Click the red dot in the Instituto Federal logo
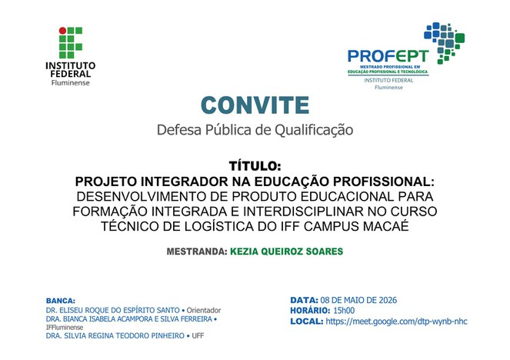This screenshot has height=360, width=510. pyautogui.click(x=62, y=31)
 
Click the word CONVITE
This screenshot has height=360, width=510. pyautogui.click(x=255, y=105)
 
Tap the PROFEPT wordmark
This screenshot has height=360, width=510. pyautogui.click(x=388, y=56)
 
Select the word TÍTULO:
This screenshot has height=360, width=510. pyautogui.click(x=255, y=166)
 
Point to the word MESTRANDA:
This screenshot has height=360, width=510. pyautogui.click(x=197, y=252)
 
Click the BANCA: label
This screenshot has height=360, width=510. pyautogui.click(x=61, y=301)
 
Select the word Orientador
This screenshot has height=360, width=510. pyautogui.click(x=204, y=310)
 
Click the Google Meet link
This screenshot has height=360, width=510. pyautogui.click(x=396, y=322)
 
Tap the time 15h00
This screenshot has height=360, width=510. pyautogui.click(x=344, y=311)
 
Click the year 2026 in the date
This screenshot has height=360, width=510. pyautogui.click(x=387, y=300)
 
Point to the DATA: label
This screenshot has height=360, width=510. pyautogui.click(x=304, y=300)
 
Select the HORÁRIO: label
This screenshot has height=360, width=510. pyautogui.click(x=310, y=311)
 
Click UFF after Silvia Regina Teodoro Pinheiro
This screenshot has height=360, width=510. pyautogui.click(x=198, y=335)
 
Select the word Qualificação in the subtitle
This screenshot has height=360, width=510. pyautogui.click(x=314, y=130)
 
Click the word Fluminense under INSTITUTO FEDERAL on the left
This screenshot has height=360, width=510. pyautogui.click(x=70, y=83)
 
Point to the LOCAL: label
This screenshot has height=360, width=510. pyautogui.click(x=307, y=322)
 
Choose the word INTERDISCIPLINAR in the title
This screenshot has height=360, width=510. pyautogui.click(x=303, y=212)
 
